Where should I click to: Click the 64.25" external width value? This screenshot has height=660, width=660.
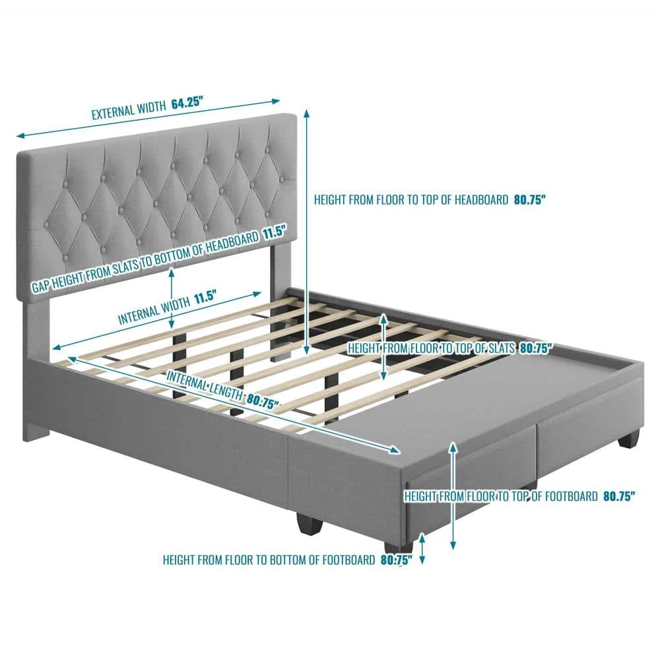click(187, 103)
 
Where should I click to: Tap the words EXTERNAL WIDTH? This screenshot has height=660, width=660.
click(129, 110)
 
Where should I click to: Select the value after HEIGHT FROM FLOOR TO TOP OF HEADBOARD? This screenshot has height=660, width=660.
click(529, 199)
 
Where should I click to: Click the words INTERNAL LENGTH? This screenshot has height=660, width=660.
click(205, 387)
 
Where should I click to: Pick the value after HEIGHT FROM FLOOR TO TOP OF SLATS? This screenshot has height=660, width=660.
click(536, 348)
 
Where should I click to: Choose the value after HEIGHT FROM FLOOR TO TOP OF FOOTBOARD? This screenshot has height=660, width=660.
click(619, 496)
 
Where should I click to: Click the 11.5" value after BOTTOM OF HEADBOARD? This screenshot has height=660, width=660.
click(275, 233)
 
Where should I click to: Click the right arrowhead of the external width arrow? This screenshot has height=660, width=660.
click(276, 100)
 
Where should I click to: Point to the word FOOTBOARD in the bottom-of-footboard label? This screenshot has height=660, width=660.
click(348, 560)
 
